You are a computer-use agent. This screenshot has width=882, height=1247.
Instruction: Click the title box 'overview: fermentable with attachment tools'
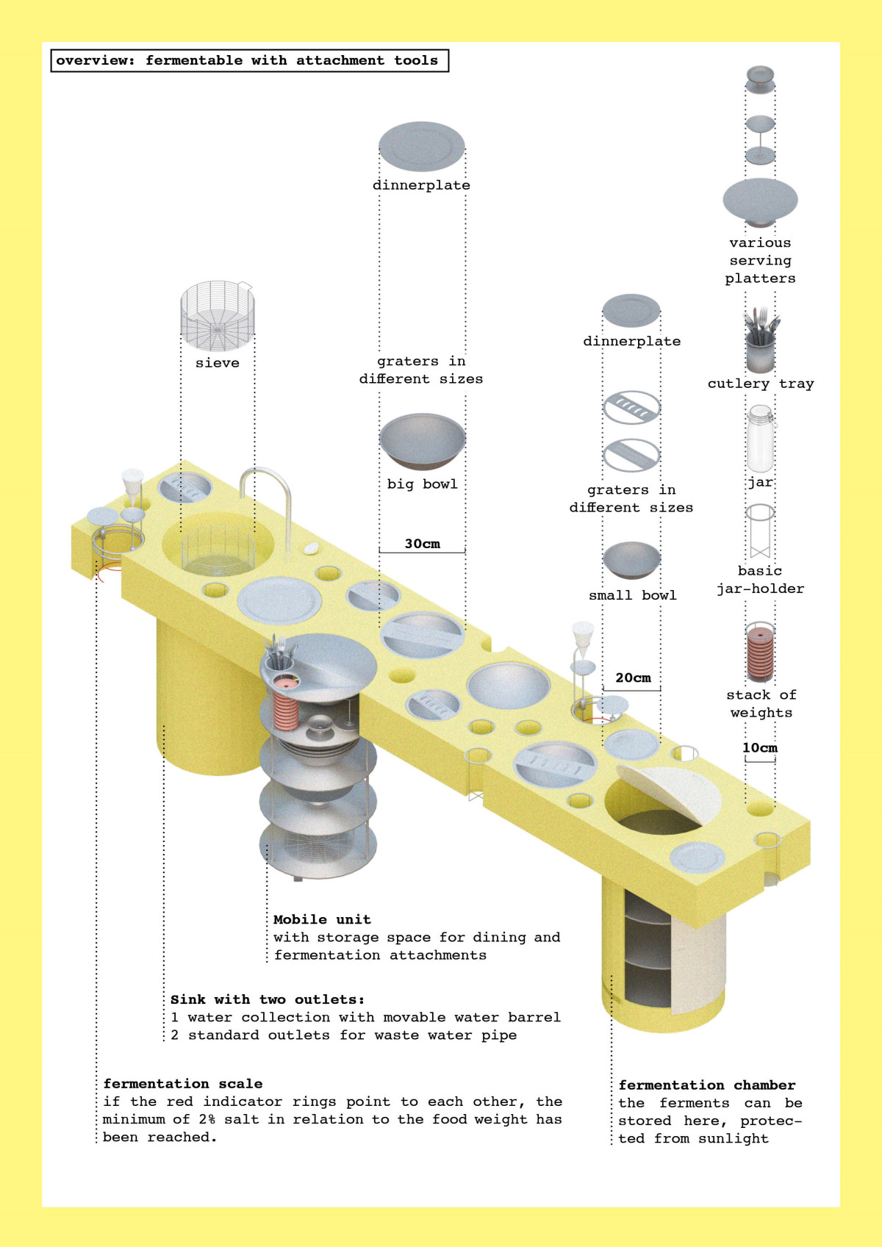tap(249, 60)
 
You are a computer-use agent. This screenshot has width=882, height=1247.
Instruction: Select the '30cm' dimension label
tap(422, 544)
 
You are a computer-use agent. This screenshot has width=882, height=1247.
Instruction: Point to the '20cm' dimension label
tap(633, 678)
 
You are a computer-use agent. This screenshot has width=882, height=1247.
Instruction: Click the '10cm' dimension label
tap(759, 747)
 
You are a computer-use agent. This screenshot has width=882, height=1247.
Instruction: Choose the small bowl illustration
tap(631, 561)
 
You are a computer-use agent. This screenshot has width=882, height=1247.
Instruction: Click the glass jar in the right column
tap(760, 439)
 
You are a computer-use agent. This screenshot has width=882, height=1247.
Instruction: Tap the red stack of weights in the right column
tap(760, 653)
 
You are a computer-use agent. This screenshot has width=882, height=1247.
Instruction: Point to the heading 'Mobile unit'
tap(322, 919)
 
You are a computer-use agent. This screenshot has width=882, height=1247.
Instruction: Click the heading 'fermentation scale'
tap(183, 1083)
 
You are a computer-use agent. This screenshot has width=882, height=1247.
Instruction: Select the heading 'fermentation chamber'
tap(706, 1085)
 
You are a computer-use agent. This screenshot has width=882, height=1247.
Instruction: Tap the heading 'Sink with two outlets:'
tap(268, 999)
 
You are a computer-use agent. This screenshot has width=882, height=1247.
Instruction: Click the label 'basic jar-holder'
tap(760, 580)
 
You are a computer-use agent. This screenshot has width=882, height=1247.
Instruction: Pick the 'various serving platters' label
tap(760, 260)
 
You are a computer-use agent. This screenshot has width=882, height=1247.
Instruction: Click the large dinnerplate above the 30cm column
tap(422, 146)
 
